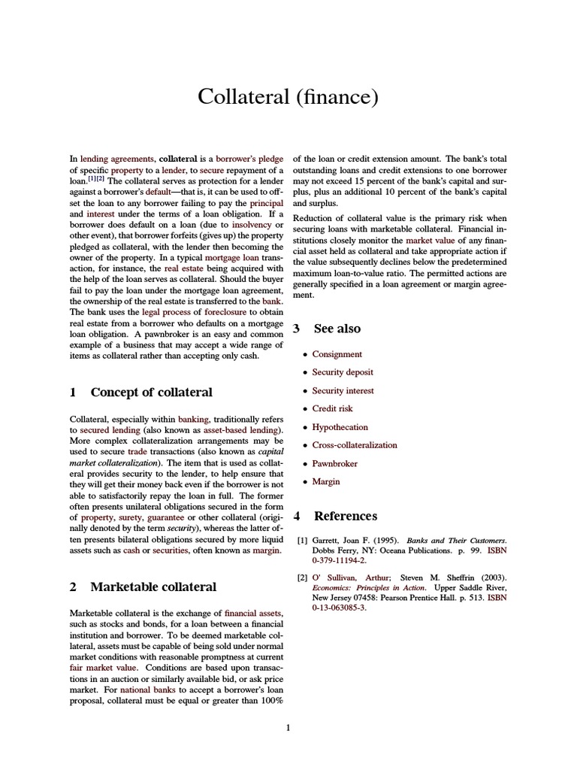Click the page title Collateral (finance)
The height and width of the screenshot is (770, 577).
coord(288,96)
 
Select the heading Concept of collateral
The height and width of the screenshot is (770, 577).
coord(151,392)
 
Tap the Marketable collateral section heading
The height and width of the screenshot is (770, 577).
coord(153,587)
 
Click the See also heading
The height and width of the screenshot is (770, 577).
coord(337,328)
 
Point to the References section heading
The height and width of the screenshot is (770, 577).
coord(345,516)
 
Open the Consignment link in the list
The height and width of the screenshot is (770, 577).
coord(337,354)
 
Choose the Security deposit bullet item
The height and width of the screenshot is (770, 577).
coord(343,372)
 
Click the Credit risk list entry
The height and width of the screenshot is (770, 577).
coord(332,408)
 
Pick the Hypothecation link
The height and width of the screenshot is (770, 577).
coord(340,426)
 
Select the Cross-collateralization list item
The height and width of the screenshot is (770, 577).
coord(354,444)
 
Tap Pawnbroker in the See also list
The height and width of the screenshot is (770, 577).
coord(334,463)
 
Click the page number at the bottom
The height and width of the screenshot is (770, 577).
coord(288,727)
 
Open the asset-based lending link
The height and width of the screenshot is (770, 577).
coord(240,429)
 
